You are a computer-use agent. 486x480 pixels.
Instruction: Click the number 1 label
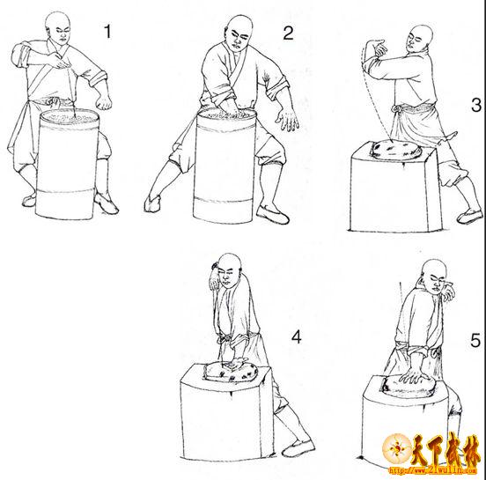click(107, 32)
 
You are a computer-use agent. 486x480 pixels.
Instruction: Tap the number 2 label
click(288, 33)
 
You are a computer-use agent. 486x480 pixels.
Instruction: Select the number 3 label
click(476, 105)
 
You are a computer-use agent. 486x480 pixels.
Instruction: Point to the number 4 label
click(297, 336)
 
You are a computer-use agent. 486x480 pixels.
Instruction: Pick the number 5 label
click(475, 341)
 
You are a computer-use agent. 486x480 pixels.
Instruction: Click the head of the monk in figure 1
click(58, 28)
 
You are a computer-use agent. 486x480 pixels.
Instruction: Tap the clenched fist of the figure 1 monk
click(104, 101)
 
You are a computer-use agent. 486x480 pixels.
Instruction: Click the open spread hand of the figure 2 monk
click(288, 121)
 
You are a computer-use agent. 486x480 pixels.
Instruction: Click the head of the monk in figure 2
click(239, 33)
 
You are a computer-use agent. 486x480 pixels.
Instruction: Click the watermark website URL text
click(432, 470)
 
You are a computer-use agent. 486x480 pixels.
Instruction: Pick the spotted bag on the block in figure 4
click(231, 371)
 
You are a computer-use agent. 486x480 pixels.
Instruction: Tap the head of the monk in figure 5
click(436, 277)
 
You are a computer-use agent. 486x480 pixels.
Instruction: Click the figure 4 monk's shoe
click(298, 448)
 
